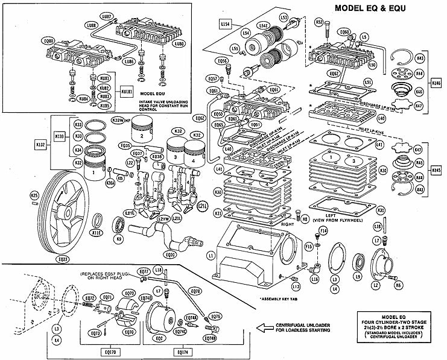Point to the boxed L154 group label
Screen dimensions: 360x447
[225, 24]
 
